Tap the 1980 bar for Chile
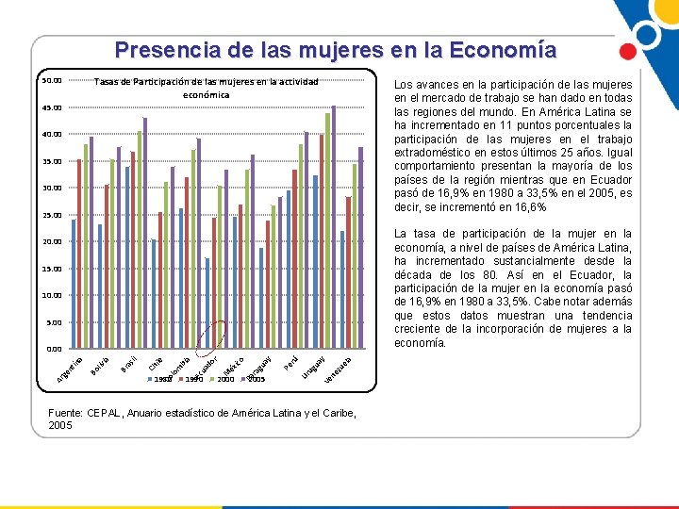[154, 293]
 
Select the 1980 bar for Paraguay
[261, 298]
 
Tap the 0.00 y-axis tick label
[53, 350]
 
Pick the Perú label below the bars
[291, 360]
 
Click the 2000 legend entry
[224, 379]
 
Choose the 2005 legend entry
[253, 379]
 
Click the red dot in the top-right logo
[625, 53]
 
